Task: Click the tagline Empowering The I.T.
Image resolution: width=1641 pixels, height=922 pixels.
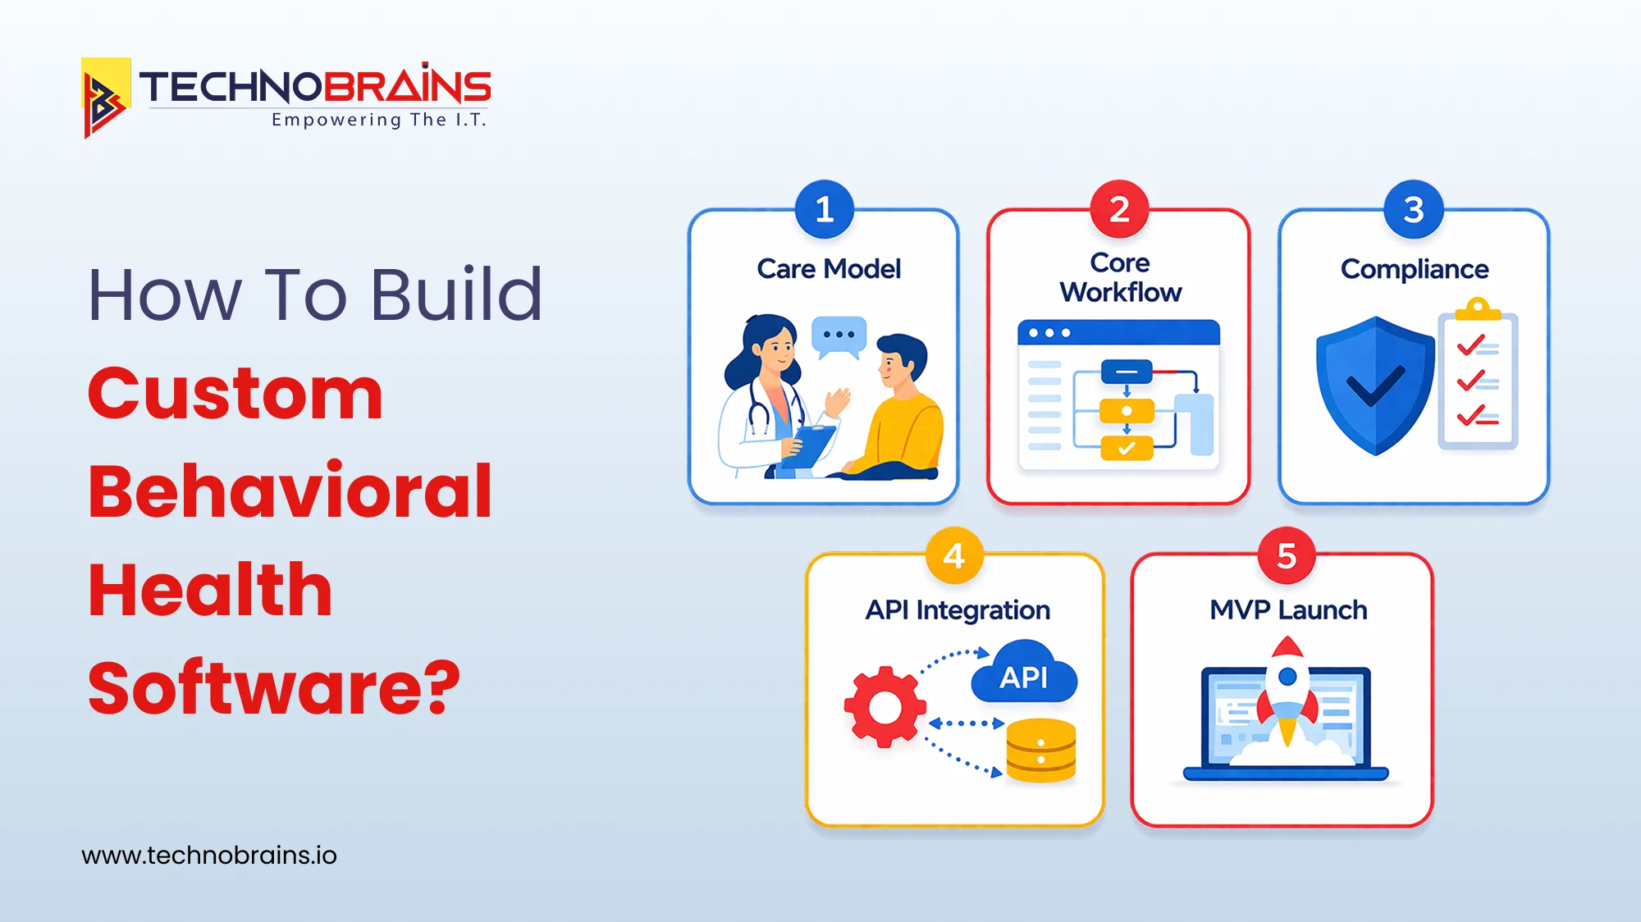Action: [379, 120]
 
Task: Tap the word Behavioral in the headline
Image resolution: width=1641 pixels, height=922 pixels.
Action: [290, 491]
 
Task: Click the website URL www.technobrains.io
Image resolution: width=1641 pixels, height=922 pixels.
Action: [209, 856]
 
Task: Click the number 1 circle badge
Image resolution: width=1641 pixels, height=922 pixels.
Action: [825, 210]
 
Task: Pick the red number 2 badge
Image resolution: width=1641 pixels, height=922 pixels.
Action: [1119, 210]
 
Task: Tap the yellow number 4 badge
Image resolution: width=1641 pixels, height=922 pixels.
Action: [954, 557]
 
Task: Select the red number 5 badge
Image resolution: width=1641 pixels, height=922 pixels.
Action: [1287, 557]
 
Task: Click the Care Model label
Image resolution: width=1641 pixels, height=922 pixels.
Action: [829, 269]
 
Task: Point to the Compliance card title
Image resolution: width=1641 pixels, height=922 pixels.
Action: [1415, 269]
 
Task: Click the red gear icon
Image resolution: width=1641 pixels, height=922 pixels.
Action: [884, 707]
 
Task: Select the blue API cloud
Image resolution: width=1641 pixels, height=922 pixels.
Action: [1024, 674]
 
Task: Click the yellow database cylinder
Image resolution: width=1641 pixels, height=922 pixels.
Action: [1040, 750]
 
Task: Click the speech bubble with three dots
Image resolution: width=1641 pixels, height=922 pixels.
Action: [839, 335]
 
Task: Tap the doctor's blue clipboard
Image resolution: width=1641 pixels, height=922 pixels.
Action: [808, 446]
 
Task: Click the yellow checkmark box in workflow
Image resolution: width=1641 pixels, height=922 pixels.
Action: [1127, 448]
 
